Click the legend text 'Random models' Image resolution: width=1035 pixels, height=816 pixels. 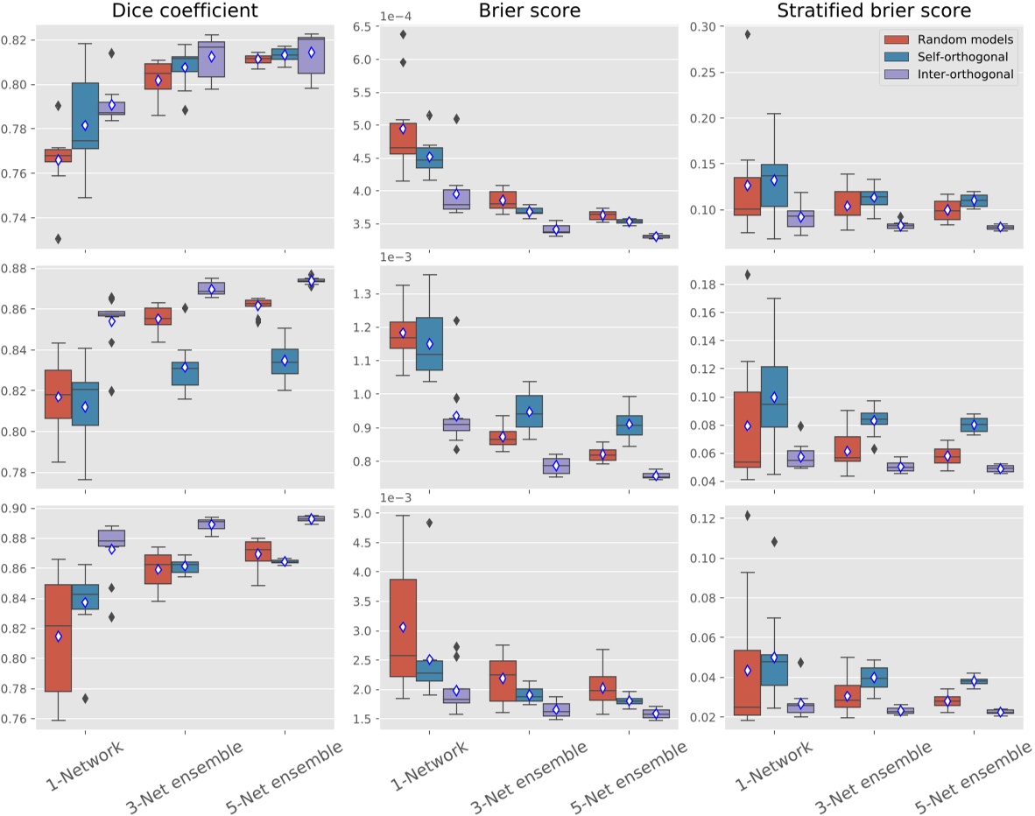[961, 39]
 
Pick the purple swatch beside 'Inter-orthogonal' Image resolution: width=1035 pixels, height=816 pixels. [898, 74]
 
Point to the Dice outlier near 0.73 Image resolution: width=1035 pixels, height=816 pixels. [58, 238]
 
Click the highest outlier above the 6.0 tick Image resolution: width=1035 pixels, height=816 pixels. [402, 35]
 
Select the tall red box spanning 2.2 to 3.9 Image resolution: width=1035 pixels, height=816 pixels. [402, 628]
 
